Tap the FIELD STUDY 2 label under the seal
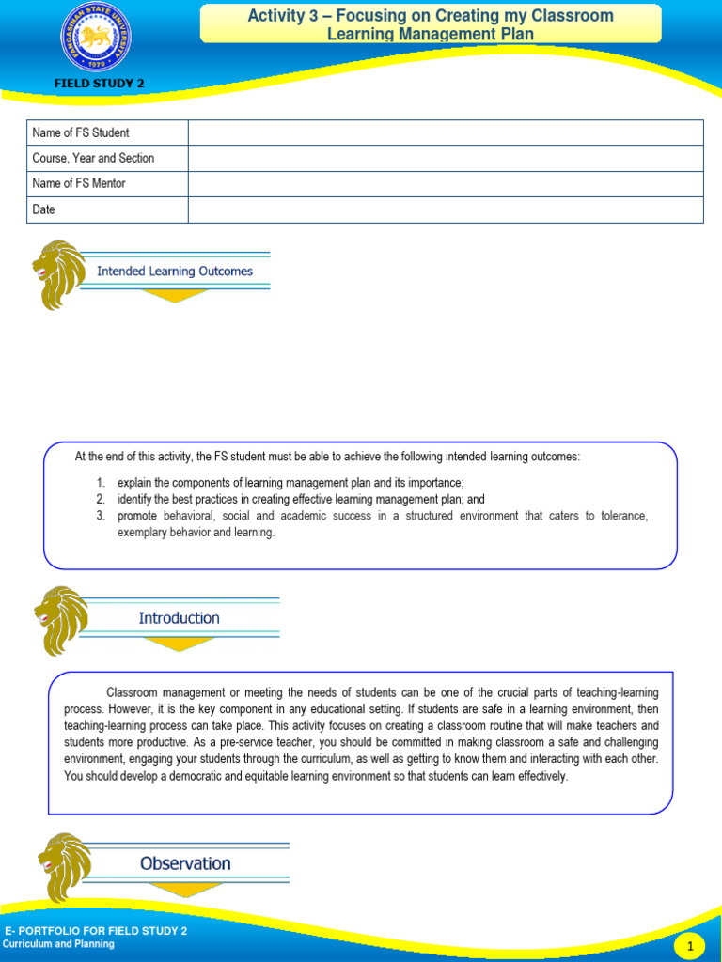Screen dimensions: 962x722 tap(99, 84)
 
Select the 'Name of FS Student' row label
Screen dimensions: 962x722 tap(81, 132)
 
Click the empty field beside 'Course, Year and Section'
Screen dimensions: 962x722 tap(445, 158)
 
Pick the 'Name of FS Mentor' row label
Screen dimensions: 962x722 tap(79, 183)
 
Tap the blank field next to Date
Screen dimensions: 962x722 tap(445, 209)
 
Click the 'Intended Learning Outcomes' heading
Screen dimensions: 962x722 tap(175, 272)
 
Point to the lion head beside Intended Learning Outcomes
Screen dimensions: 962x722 tap(58, 273)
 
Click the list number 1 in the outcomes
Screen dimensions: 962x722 tap(101, 483)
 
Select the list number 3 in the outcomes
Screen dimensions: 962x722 tap(101, 516)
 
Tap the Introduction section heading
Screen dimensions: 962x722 tap(179, 618)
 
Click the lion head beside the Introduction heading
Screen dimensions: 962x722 tap(60, 620)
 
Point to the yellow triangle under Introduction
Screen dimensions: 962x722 tap(179, 644)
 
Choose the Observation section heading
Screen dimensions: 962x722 tap(185, 863)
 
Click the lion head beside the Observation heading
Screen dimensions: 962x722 tap(64, 866)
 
